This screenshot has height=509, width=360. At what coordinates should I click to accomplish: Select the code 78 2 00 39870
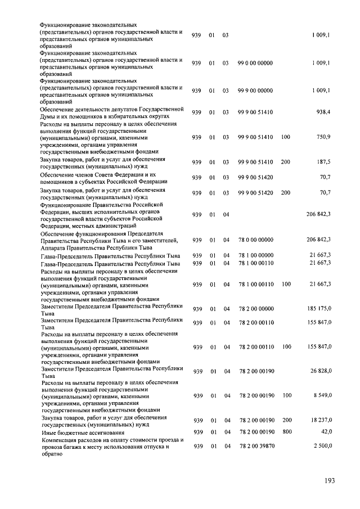(x=256, y=446)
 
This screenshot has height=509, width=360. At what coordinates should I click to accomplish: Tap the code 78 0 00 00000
(x=256, y=240)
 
